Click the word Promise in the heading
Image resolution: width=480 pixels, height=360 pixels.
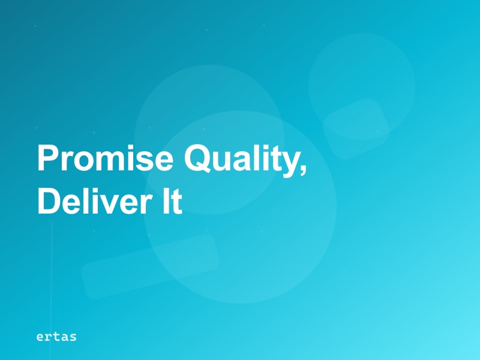coord(106,158)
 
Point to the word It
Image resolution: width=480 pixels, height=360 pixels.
coord(172,200)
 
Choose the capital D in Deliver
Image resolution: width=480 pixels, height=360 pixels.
coord(50,201)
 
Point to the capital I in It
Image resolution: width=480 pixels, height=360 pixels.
coord(166,201)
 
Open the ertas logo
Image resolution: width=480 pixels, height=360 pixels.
coord(56,337)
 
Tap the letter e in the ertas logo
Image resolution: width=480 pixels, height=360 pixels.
coord(40,338)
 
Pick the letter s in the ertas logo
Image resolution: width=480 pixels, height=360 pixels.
coord(73,338)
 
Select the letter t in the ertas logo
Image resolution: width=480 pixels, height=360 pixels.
coord(56,337)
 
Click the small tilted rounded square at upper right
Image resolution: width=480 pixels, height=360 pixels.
coord(356,129)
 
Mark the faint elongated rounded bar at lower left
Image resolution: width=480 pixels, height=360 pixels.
coord(151,266)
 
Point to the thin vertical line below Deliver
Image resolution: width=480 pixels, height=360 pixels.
coord(52,290)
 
